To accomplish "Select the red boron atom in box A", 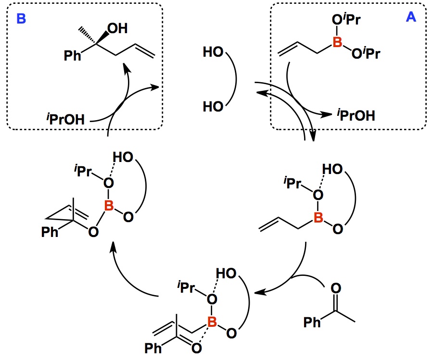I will pyautogui.click(x=338, y=43).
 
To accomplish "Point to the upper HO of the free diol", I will pyautogui.click(x=212, y=52).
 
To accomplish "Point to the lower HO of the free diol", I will pyautogui.click(x=212, y=106).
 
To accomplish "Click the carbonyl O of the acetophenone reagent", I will pyautogui.click(x=337, y=289).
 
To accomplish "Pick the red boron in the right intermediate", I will pyautogui.click(x=318, y=218).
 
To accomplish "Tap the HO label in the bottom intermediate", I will pyautogui.click(x=227, y=273).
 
